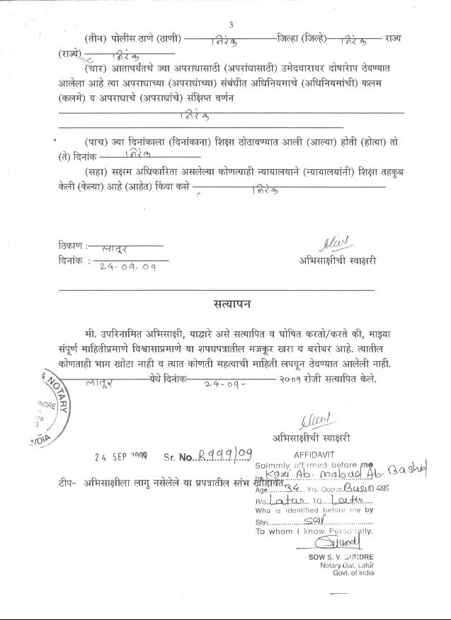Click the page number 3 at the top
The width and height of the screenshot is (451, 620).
pyautogui.click(x=231, y=25)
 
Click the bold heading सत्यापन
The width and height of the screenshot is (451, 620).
pyautogui.click(x=231, y=305)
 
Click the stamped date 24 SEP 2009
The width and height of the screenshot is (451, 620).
pyautogui.click(x=120, y=457)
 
